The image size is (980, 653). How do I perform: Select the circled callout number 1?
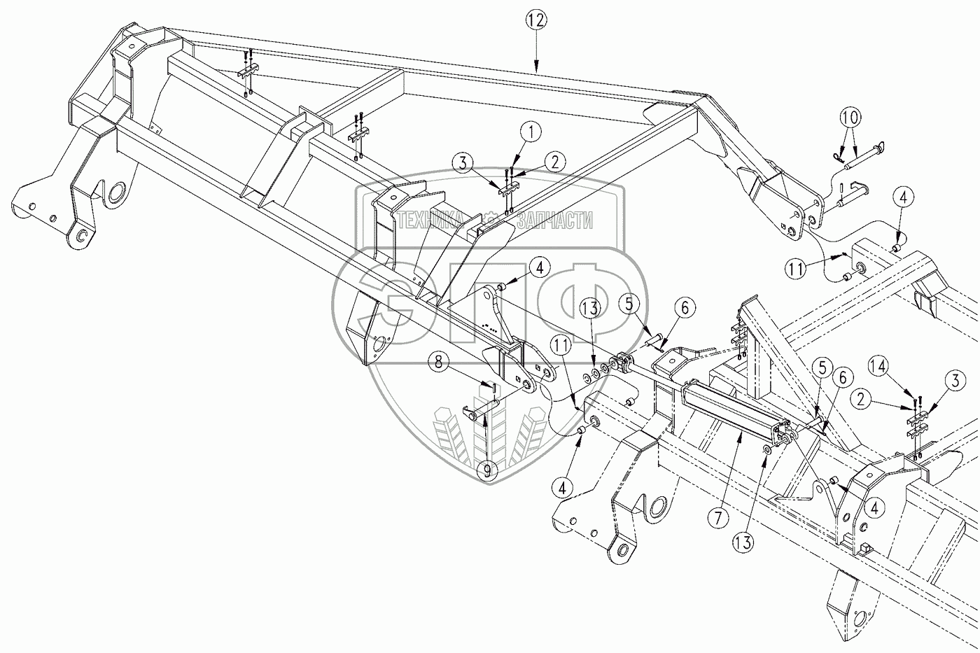[531, 130]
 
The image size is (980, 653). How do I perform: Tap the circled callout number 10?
[852, 118]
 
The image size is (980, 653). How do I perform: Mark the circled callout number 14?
[881, 365]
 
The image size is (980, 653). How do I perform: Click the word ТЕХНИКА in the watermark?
[430, 222]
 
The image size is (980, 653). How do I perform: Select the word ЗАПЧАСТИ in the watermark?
[554, 222]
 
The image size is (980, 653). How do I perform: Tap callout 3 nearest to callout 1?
[462, 165]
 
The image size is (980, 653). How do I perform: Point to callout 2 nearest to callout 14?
[862, 400]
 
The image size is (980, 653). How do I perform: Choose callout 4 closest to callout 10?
[903, 199]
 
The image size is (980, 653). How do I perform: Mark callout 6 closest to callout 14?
[842, 377]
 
